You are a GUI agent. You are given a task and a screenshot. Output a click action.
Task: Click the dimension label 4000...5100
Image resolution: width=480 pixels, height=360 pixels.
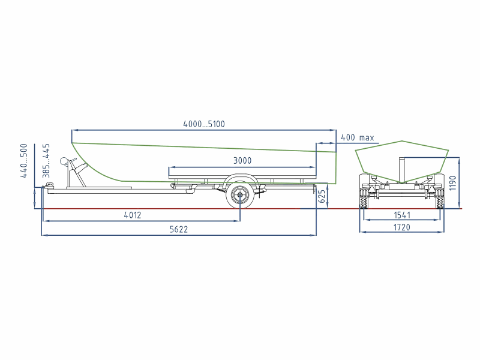pyautogui.click(x=204, y=124)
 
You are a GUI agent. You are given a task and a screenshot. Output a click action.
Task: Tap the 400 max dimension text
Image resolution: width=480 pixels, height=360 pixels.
pyautogui.click(x=357, y=137)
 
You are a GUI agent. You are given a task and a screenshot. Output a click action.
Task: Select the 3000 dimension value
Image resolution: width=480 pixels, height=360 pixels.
pyautogui.click(x=242, y=161)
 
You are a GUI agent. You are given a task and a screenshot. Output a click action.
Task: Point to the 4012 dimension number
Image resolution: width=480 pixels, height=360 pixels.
pyautogui.click(x=133, y=215)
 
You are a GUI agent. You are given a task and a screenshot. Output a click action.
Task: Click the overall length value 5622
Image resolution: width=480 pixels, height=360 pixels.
pyautogui.click(x=179, y=229)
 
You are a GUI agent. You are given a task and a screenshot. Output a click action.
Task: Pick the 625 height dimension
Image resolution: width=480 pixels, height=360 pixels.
pyautogui.click(x=322, y=196)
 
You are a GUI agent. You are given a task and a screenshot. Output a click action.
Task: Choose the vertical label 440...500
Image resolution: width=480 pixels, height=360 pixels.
pyautogui.click(x=23, y=161)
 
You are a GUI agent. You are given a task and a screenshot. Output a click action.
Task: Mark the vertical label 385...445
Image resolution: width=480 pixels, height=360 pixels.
pyautogui.click(x=46, y=161)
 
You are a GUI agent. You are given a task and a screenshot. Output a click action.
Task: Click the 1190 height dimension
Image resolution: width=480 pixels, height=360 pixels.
pyautogui.click(x=452, y=183)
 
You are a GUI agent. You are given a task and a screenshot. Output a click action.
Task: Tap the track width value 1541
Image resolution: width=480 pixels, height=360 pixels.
pyautogui.click(x=402, y=215)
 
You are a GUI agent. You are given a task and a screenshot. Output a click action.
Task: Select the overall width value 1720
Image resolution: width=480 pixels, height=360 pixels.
pyautogui.click(x=401, y=227)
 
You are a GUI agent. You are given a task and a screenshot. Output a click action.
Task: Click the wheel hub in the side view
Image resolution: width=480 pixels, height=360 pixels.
pyautogui.click(x=240, y=194)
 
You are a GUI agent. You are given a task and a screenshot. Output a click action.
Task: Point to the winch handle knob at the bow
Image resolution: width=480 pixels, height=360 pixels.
pyautogui.click(x=64, y=161)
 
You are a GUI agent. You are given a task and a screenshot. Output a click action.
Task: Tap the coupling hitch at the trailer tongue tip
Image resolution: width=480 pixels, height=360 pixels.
pyautogui.click(x=49, y=185)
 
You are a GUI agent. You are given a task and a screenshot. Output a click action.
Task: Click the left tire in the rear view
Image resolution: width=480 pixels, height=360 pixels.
pyautogui.click(x=364, y=199)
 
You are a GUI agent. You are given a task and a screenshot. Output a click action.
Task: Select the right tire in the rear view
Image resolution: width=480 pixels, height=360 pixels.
pyautogui.click(x=440, y=199)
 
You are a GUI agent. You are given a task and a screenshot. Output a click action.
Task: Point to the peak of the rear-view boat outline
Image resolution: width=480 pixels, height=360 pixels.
pyautogui.click(x=402, y=141)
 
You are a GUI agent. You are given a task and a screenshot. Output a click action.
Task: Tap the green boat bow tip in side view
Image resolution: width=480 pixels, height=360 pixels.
pyautogui.click(x=72, y=143)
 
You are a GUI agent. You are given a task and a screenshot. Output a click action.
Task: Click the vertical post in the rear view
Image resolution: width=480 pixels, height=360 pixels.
pyautogui.click(x=402, y=170)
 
